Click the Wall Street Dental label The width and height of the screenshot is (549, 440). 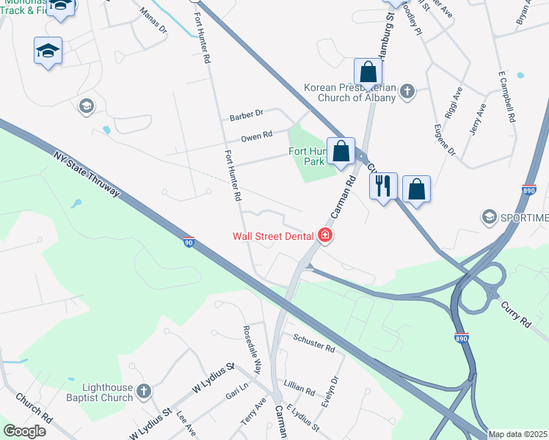click(274, 236)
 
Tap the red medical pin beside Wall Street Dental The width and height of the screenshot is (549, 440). click(324, 235)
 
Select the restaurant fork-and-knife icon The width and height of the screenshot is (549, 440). click(382, 186)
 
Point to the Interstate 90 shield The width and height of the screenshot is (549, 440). click(189, 242)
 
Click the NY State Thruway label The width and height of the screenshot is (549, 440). click(86, 175)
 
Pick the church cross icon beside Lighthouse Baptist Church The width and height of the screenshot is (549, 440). click(145, 392)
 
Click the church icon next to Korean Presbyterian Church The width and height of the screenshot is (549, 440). click(407, 92)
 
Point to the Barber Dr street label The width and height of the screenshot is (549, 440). click(246, 115)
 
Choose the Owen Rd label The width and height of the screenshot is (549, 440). click(257, 136)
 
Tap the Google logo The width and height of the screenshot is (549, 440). click(24, 431)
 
